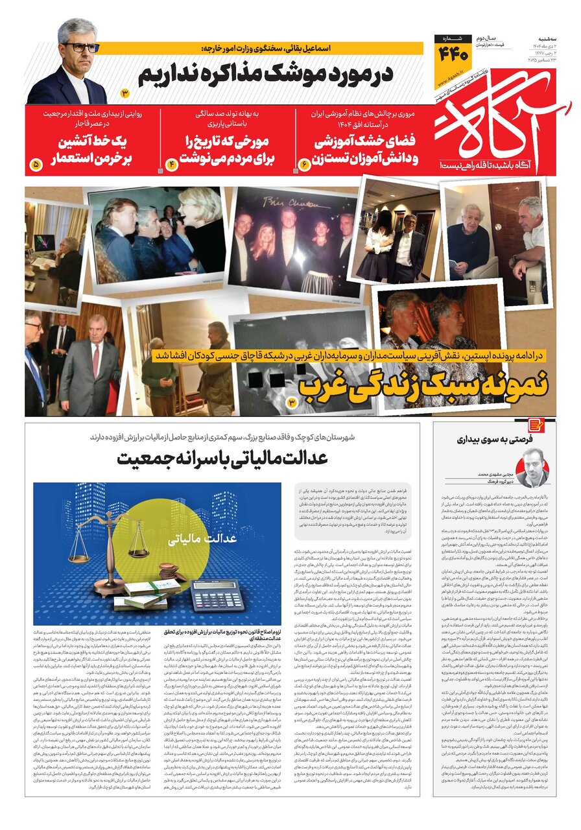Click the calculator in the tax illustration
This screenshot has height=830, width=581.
217,595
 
